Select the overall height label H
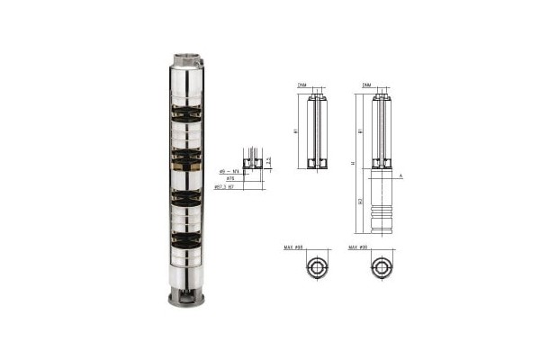click(x=354, y=163)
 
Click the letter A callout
click(x=400, y=176)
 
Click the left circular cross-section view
click(x=316, y=268)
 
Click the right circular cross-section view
click(x=381, y=268)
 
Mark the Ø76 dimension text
click(x=230, y=179)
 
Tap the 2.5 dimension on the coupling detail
click(x=267, y=161)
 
